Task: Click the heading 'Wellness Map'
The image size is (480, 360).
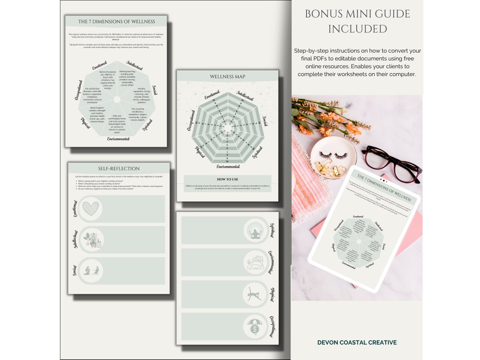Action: pos(227,77)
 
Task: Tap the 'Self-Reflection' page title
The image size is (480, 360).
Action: pos(119,168)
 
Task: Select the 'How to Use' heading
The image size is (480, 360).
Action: pos(227,179)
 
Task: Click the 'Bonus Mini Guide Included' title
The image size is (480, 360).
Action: pos(357,21)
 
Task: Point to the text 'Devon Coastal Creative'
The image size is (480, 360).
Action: pos(357,342)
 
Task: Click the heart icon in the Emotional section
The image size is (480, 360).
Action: pos(91,208)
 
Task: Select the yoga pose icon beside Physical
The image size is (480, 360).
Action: pos(255,294)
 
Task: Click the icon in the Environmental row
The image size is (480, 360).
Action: pos(255,262)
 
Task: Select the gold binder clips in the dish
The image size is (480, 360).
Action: pos(331,169)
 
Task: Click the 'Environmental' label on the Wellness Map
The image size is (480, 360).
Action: pos(228,167)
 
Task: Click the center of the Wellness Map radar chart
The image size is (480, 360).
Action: pos(228,126)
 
